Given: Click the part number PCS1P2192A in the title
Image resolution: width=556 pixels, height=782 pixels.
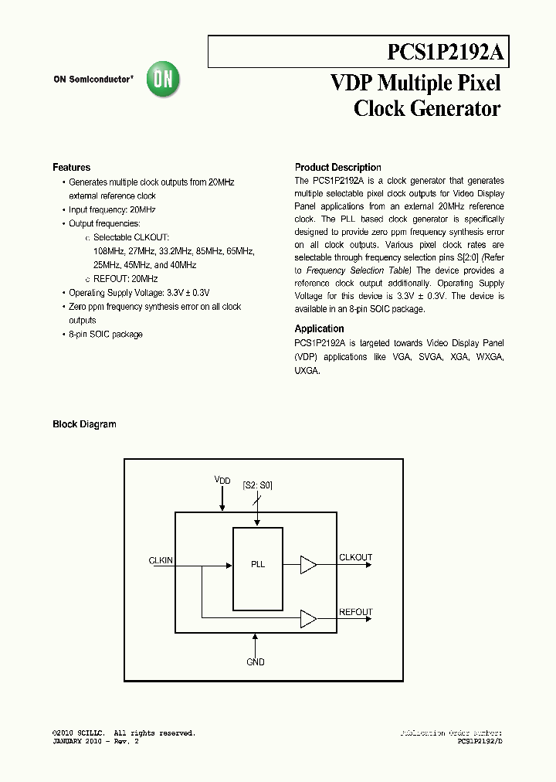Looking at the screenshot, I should (445, 52).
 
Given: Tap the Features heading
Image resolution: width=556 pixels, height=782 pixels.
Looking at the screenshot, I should (71, 168).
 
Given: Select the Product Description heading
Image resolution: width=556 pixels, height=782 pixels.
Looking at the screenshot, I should (337, 168).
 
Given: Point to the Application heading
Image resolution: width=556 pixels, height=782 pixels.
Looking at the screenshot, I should (319, 328).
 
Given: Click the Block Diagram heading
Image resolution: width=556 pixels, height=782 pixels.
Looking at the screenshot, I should (84, 424).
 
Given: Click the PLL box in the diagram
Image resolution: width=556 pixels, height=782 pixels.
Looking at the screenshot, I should (258, 564).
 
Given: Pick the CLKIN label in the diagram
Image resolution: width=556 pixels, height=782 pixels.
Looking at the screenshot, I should (161, 560).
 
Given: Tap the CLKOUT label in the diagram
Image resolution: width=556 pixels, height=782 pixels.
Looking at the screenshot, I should (355, 557).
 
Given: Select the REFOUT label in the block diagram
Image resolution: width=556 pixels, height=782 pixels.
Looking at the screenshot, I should (355, 612).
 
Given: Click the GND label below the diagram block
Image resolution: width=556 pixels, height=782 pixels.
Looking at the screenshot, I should (256, 662).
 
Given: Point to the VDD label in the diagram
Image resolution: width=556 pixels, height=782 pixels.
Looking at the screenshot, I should (222, 481).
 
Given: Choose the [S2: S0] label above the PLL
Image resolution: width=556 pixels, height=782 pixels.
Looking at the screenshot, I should (257, 485).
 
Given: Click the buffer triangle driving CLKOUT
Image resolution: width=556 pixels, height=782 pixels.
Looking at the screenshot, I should (308, 565).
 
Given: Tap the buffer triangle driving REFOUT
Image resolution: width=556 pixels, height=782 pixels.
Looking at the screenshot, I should (308, 618).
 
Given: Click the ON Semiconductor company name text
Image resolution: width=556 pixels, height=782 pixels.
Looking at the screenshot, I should (93, 79).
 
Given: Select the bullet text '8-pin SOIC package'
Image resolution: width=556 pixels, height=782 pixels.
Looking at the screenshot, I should (106, 335).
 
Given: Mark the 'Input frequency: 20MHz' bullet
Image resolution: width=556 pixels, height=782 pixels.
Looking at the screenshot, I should (112, 210).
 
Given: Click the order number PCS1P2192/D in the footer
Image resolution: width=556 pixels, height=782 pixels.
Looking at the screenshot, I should (480, 741).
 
